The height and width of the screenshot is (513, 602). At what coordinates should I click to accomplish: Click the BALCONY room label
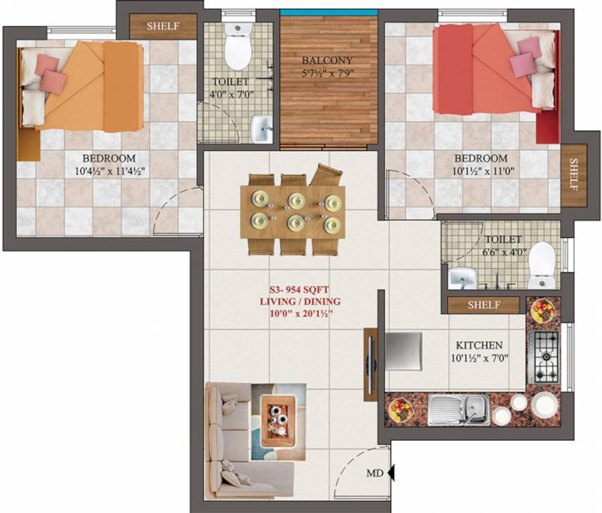(x=327, y=59)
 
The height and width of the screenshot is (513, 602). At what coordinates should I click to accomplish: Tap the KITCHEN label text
(x=479, y=345)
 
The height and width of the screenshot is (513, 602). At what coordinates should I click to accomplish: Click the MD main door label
(x=374, y=474)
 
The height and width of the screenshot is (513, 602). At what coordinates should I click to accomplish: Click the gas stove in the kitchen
(x=542, y=357)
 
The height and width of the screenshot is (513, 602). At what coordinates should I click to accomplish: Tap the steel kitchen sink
(x=459, y=408)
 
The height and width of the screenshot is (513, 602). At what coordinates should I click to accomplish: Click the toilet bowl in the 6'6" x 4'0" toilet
(x=541, y=265)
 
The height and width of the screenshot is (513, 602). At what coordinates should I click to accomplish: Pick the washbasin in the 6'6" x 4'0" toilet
(x=462, y=277)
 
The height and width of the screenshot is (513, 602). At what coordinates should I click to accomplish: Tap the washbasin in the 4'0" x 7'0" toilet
(x=262, y=128)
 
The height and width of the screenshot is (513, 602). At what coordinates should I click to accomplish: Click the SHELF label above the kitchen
(x=484, y=305)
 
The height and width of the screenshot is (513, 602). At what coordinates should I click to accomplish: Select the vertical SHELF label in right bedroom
(x=573, y=175)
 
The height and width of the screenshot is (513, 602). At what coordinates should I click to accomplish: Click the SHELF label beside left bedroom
(x=163, y=26)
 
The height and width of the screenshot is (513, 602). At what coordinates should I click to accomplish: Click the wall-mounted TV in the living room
(x=370, y=364)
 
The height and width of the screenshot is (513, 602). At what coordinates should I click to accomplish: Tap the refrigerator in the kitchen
(x=403, y=351)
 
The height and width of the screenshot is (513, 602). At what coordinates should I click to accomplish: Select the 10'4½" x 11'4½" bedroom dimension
(x=109, y=171)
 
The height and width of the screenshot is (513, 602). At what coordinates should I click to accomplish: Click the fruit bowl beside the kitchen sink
(x=401, y=409)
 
